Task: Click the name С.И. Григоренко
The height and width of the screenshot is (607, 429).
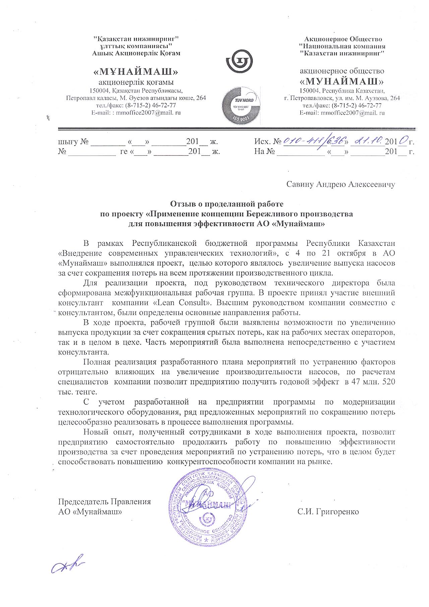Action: tap(328, 512)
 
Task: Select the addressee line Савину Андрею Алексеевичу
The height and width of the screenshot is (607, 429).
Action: tap(341, 184)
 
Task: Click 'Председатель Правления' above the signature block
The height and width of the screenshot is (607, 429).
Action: tap(105, 502)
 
